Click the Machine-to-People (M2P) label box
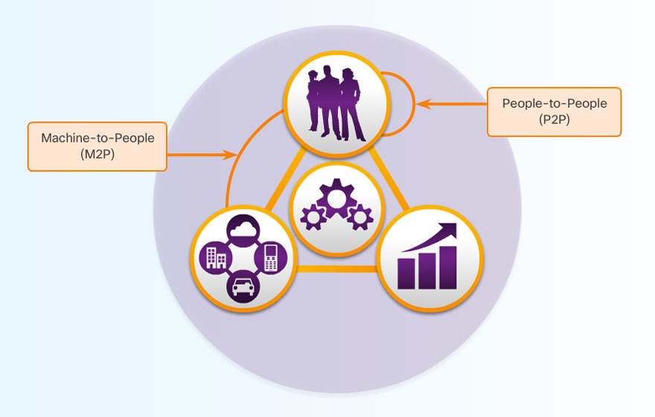point(97,146)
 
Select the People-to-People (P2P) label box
point(554,111)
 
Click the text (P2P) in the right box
point(555,119)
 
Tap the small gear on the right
point(360,217)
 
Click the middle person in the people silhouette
point(328,104)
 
